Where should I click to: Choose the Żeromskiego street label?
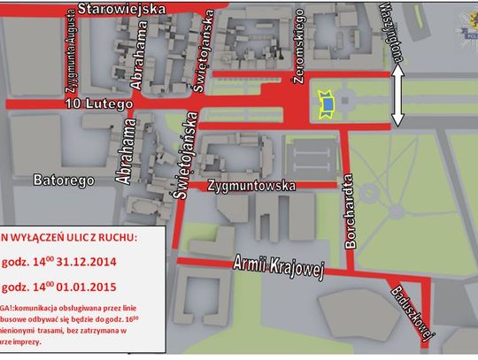point(300,40)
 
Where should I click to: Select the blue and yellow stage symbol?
point(326,103)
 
